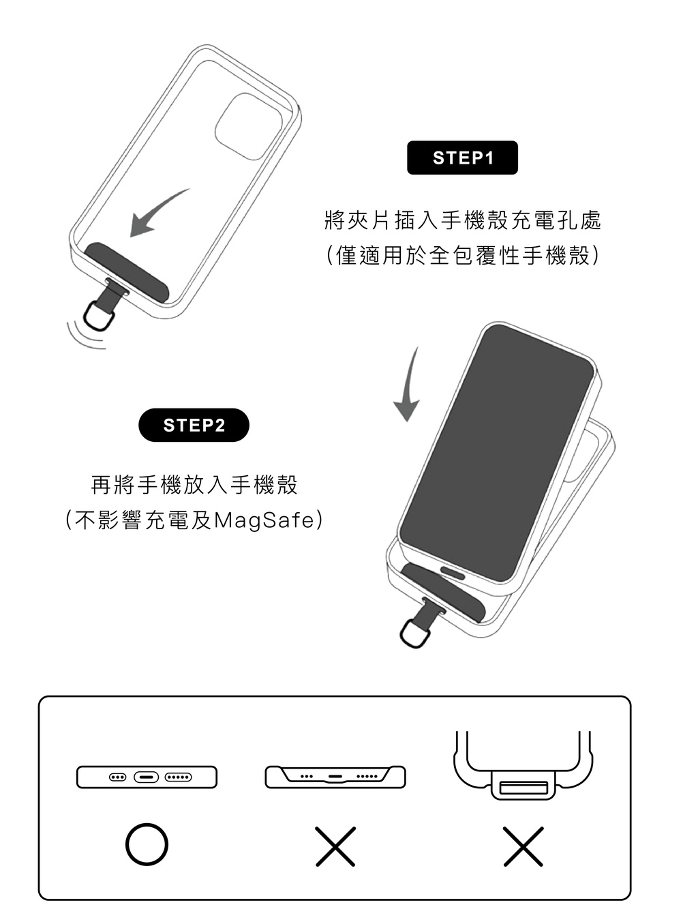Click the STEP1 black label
click(462, 158)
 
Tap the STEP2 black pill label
click(194, 425)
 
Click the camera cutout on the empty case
click(248, 126)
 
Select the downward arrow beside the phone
click(409, 385)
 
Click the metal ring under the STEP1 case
click(86, 318)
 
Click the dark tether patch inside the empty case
click(126, 271)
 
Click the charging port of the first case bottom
click(146, 777)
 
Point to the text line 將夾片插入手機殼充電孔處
click(463, 220)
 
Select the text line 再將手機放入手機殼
click(194, 484)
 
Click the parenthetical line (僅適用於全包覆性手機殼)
click(463, 255)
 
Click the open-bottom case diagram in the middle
click(335, 777)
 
